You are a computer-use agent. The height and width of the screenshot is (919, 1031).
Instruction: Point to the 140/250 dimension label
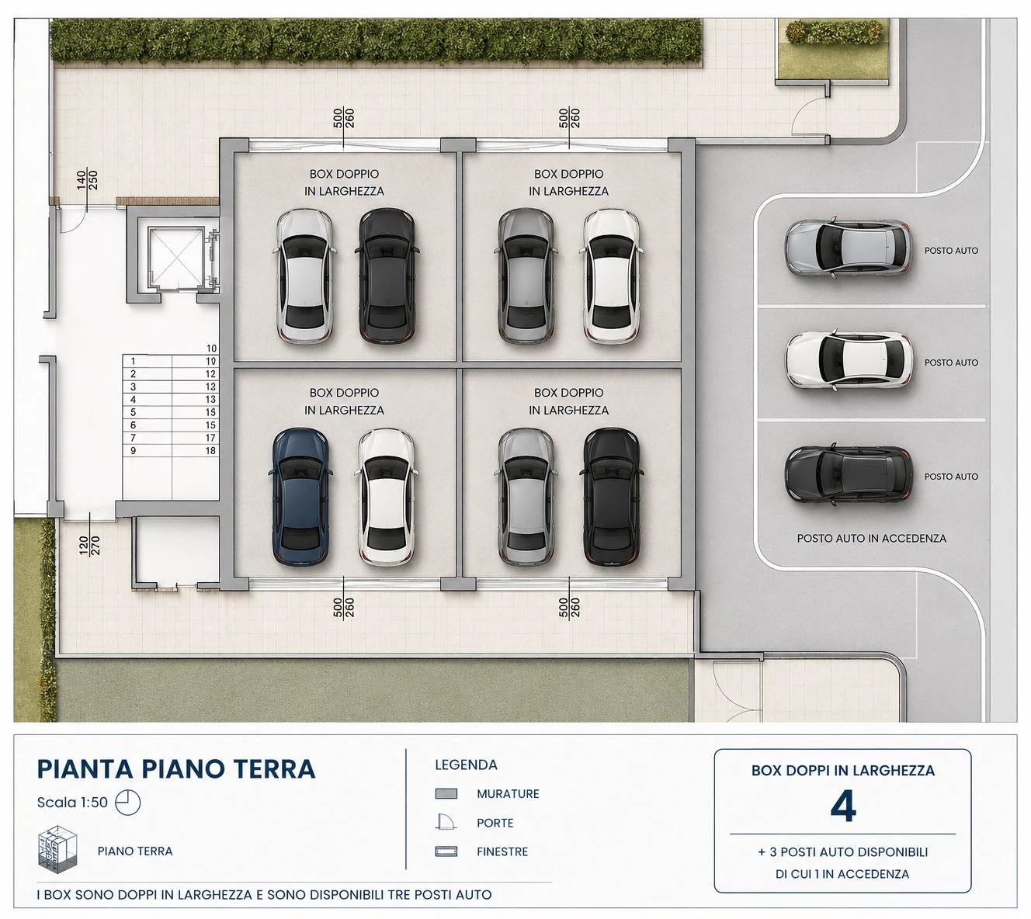tap(87, 179)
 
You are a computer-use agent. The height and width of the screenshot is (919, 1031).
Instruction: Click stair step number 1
tap(134, 361)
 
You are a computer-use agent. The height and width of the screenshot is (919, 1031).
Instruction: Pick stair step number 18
tap(210, 450)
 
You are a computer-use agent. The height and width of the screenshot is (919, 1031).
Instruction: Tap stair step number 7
tap(134, 438)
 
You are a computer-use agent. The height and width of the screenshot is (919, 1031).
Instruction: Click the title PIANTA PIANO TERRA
tap(176, 769)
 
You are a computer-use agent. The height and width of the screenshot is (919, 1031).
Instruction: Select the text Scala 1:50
tap(72, 803)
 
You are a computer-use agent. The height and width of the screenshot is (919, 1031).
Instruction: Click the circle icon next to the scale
tap(128, 803)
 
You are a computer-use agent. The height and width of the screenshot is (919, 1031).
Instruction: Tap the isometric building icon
tap(57, 849)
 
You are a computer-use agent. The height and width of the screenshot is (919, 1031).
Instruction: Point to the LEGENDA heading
tap(466, 765)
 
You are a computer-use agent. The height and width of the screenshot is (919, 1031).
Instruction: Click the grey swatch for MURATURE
tap(446, 793)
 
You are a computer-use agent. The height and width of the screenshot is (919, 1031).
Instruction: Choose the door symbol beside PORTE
tap(446, 822)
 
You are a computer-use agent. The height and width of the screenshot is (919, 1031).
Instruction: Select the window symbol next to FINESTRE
tap(446, 851)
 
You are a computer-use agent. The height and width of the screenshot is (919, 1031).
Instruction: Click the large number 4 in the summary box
tap(842, 807)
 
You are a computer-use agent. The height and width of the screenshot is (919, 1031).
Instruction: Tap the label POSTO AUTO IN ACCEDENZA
tap(871, 539)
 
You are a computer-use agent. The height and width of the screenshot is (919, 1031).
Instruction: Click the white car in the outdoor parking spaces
tap(849, 360)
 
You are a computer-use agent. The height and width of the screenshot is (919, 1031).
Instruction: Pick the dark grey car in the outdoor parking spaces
tap(849, 475)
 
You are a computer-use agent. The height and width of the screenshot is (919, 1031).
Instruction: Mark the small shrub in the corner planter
tap(834, 32)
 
